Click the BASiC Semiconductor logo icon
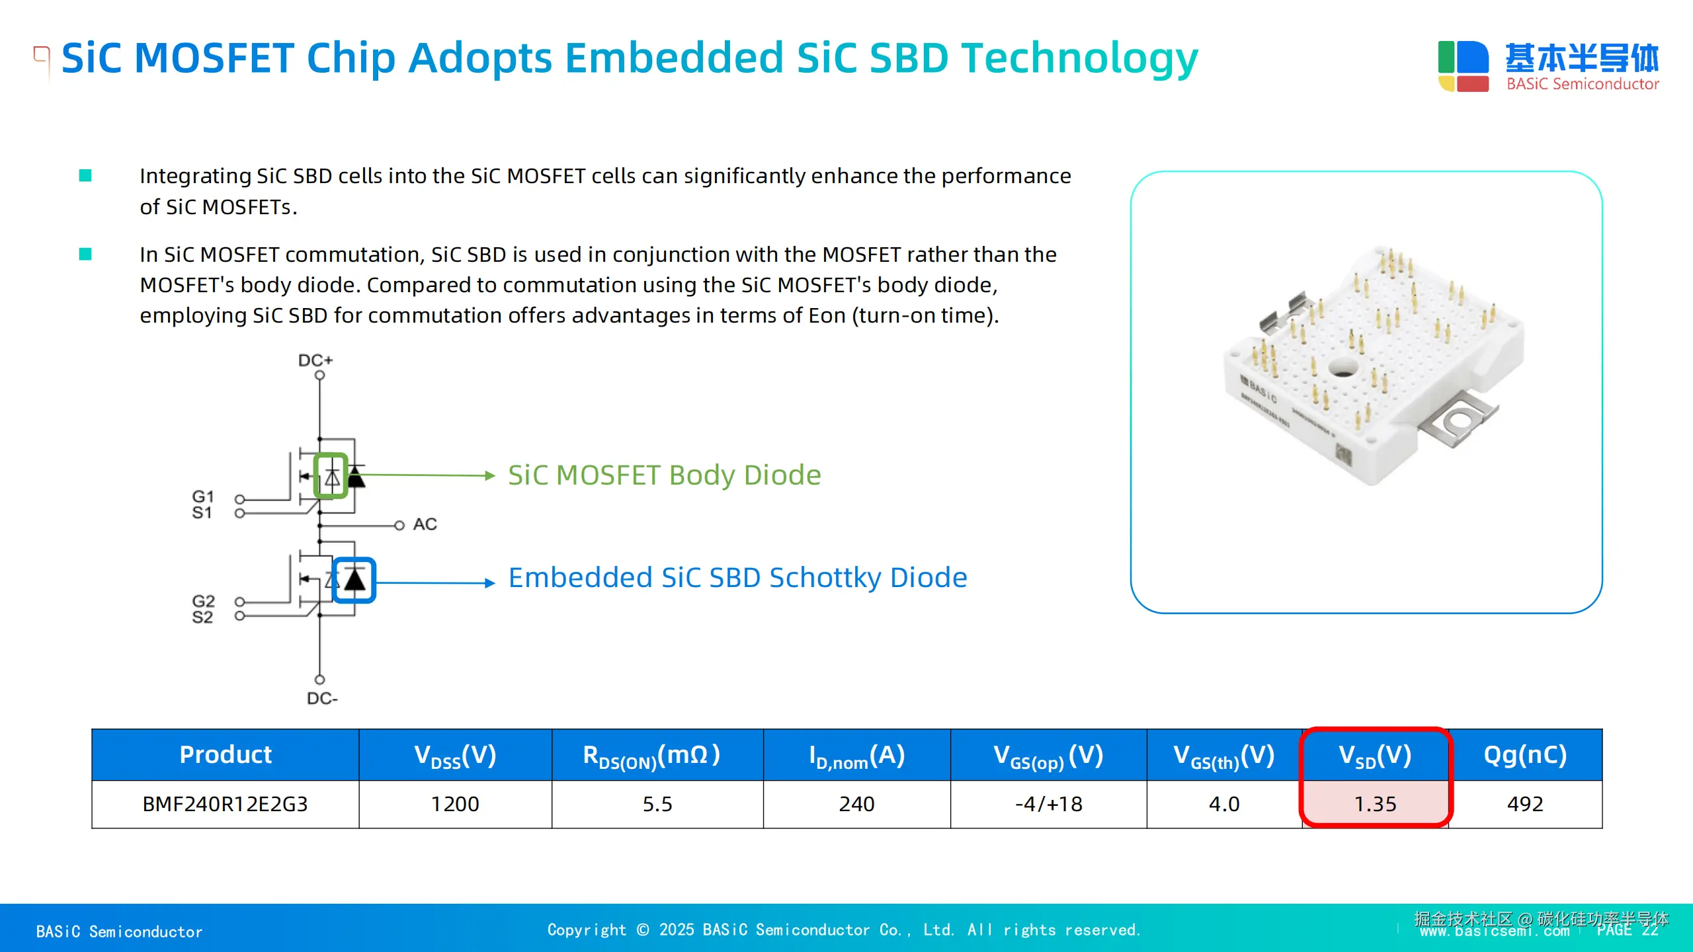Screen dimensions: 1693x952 1463,65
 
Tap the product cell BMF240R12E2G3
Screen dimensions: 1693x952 225,804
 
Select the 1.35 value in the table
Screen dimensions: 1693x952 1375,804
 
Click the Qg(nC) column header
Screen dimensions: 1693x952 1525,755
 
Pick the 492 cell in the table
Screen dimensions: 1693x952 1525,804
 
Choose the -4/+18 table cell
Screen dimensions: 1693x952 1048,804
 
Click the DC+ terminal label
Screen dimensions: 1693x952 315,360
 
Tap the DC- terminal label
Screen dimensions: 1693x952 322,699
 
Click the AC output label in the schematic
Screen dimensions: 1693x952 425,524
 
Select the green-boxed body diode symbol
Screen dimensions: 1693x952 331,475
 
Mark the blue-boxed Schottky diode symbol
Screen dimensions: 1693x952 354,580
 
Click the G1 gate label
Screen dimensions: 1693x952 203,496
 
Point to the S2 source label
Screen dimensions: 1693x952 202,617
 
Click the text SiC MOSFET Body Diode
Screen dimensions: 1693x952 664,475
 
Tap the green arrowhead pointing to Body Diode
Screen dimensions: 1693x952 489,475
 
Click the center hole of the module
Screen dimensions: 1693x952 1342,366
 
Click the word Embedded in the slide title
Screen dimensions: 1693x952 675,58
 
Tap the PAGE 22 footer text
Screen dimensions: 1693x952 1627,930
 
